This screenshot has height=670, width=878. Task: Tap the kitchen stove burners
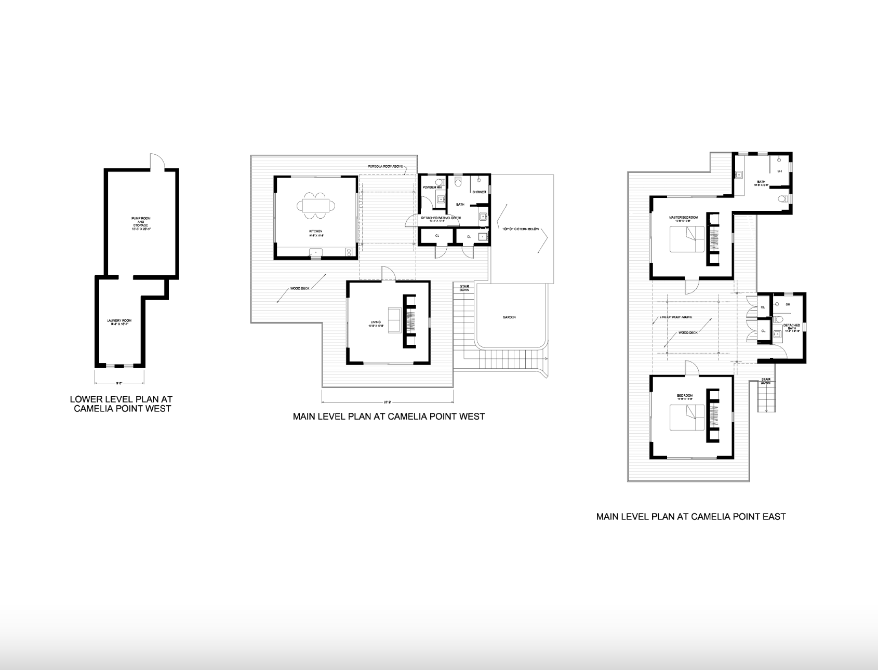(349, 252)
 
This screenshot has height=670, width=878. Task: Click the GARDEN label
(509, 317)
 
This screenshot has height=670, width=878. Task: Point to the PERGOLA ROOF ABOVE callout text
(385, 167)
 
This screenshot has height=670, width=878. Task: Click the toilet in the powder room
(440, 182)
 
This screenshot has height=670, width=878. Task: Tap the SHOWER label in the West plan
(479, 192)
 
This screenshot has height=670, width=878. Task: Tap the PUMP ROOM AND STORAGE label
(141, 223)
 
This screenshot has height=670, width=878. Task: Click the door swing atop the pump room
(157, 162)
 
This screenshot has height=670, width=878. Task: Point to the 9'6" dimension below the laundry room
(119, 383)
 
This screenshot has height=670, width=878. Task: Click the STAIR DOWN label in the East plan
(766, 382)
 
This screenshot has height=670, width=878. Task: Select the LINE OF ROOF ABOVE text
(675, 317)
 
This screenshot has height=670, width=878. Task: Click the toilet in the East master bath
(783, 199)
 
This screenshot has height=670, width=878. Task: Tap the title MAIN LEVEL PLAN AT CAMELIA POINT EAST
(690, 516)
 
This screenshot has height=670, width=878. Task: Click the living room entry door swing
(388, 274)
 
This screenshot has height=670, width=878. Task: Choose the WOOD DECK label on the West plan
(300, 288)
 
